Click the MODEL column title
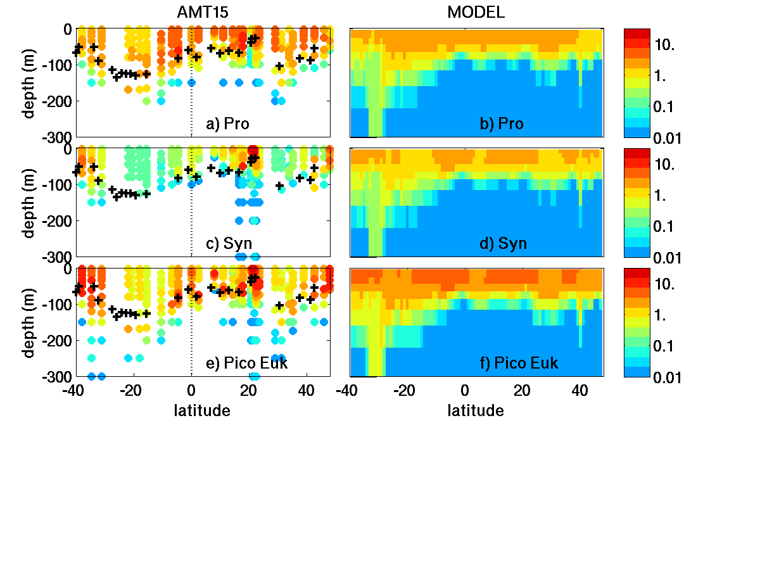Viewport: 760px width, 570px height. [x=476, y=12]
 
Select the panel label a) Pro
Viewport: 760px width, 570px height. [x=229, y=123]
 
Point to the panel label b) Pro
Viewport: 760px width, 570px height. [x=502, y=123]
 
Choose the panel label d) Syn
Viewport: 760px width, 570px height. [x=503, y=243]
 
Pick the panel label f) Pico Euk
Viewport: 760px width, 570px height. [x=519, y=363]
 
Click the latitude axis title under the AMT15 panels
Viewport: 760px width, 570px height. [x=202, y=411]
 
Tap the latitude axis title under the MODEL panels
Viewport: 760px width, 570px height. [x=476, y=411]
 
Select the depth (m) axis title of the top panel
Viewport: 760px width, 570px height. [x=29, y=82]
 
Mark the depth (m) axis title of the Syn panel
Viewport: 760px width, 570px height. [x=29, y=202]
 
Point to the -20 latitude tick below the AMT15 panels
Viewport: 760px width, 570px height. [x=130, y=391]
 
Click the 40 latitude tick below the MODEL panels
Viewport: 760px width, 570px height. [x=579, y=391]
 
